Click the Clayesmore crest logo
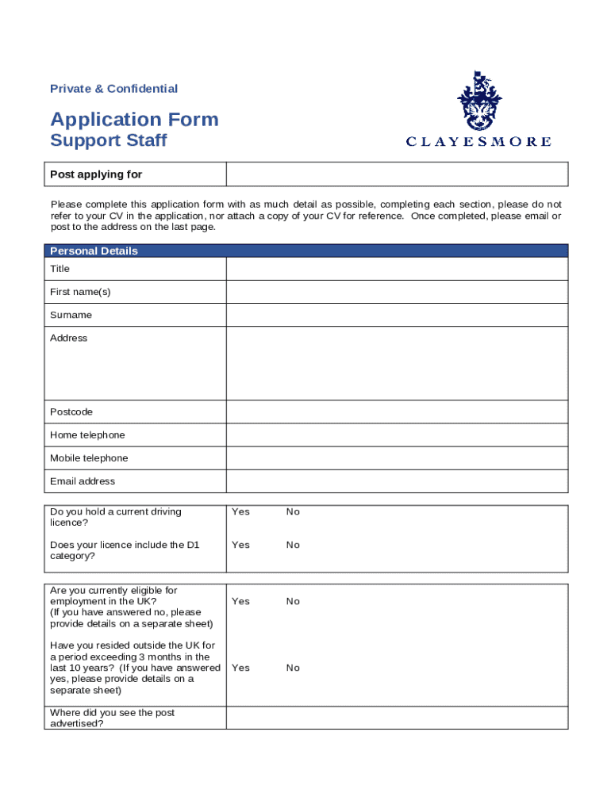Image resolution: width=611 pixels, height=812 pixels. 478,101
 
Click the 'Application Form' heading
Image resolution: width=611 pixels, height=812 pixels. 134,120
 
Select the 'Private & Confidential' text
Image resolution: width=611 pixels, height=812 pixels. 113,89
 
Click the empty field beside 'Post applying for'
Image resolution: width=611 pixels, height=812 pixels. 397,174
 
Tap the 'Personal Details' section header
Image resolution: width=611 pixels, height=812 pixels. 94,251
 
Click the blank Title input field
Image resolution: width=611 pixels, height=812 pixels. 397,269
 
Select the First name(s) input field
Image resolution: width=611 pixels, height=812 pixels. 397,292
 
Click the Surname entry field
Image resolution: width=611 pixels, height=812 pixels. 397,315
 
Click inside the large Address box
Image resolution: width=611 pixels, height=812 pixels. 397,363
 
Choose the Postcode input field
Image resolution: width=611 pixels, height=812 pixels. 397,412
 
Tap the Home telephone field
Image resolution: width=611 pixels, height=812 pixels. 397,435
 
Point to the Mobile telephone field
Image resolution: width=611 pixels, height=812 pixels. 397,458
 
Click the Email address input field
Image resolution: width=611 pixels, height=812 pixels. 397,481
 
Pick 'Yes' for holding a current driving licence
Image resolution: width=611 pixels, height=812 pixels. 240,511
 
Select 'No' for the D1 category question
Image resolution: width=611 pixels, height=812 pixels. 293,545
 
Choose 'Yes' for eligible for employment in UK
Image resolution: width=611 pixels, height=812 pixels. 240,601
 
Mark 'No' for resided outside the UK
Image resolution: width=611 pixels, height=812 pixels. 293,668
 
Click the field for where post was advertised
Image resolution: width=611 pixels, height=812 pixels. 397,718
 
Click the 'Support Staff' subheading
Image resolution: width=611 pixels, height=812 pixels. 109,141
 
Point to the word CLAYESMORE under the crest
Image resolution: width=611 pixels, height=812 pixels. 478,142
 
